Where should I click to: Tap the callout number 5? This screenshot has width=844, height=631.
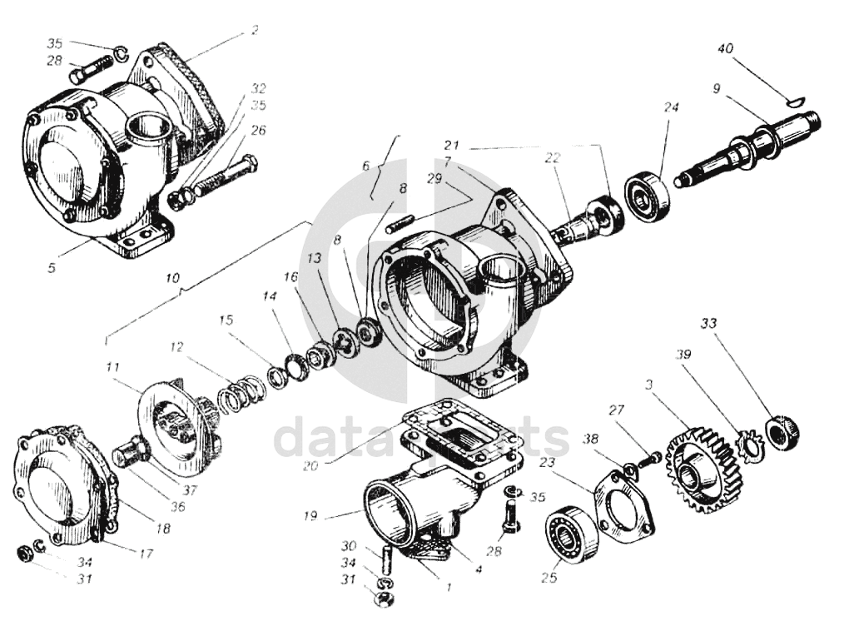click(52, 268)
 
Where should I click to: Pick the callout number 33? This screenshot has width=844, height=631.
click(708, 322)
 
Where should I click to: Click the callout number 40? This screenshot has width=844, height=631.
click(725, 49)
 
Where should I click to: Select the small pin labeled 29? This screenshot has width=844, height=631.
click(402, 221)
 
